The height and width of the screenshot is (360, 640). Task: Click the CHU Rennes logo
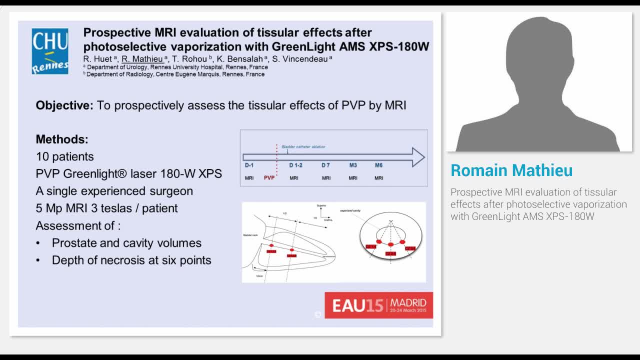click(50, 51)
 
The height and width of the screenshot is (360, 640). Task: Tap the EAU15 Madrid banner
click(378, 305)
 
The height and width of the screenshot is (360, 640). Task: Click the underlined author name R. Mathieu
click(142, 59)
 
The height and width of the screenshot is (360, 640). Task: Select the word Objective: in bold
click(64, 105)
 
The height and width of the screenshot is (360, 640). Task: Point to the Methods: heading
click(62, 139)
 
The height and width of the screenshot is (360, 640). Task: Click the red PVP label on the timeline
click(269, 178)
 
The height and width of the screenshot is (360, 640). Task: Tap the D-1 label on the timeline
click(249, 165)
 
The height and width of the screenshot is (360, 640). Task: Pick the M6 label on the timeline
click(379, 165)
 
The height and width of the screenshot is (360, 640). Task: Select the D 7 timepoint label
click(326, 165)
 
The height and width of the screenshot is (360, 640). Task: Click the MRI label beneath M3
click(353, 178)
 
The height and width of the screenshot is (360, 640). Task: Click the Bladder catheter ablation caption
click(303, 147)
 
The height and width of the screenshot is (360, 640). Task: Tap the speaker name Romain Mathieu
click(511, 170)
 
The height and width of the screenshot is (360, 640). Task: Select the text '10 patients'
click(65, 156)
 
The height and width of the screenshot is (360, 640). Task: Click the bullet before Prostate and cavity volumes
click(38, 243)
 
